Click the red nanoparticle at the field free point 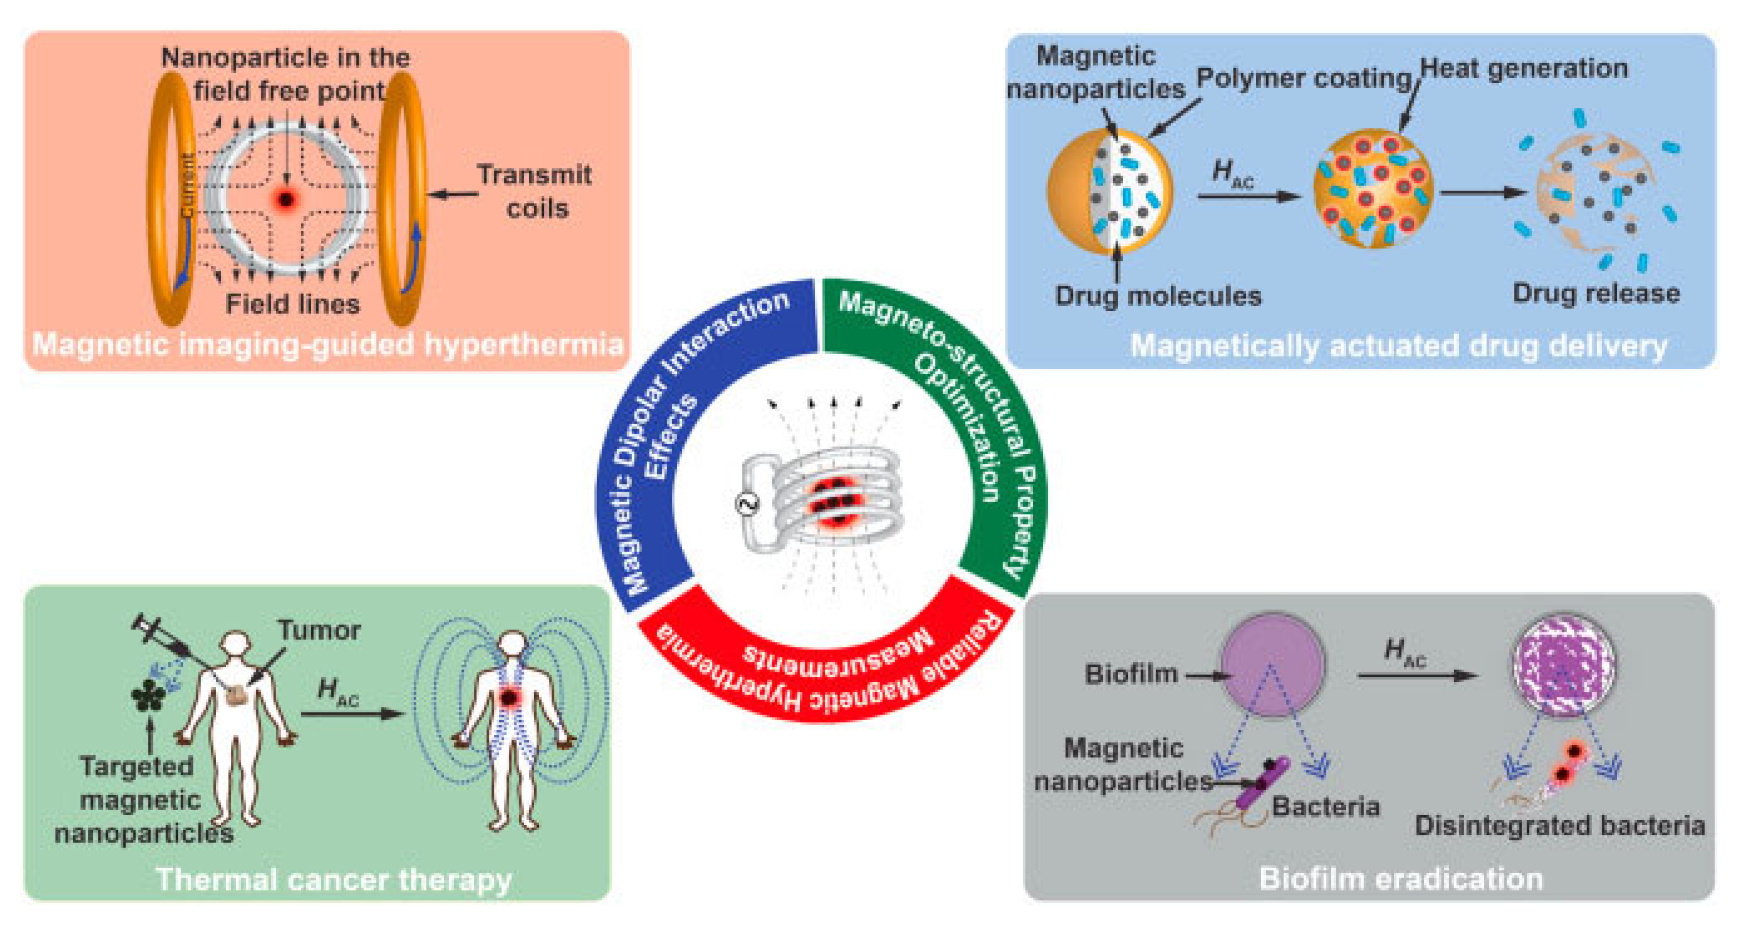[286, 199]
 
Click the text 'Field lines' [292, 304]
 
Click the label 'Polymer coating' [1303, 78]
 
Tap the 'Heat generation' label [1523, 68]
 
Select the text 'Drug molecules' [1157, 296]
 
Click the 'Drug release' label [1595, 293]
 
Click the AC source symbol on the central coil [747, 504]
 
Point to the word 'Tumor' [318, 630]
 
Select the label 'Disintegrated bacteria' [1559, 825]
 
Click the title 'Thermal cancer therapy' [333, 879]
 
